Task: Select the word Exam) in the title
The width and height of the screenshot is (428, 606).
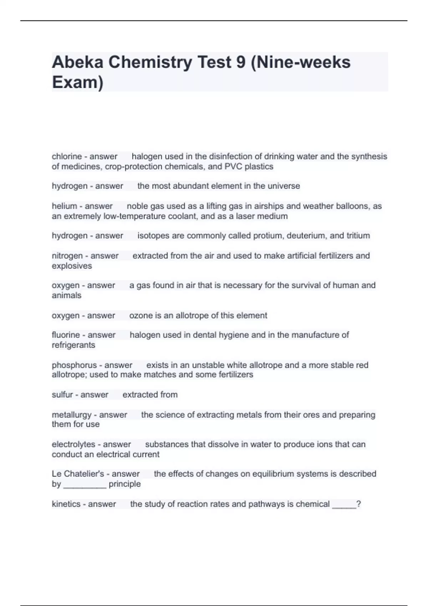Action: (77, 82)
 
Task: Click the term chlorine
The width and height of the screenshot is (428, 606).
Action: (67, 156)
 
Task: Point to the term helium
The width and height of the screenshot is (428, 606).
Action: (64, 206)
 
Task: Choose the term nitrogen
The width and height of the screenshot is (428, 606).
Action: (67, 256)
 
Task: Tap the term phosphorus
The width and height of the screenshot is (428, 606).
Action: (74, 365)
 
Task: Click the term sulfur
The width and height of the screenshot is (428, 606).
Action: (62, 395)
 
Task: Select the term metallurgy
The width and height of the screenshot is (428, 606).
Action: (72, 415)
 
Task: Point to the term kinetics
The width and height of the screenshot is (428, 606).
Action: (66, 504)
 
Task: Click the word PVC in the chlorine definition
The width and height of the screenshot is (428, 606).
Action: (233, 166)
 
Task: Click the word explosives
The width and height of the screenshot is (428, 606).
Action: (72, 266)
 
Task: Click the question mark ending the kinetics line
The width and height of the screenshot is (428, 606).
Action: (358, 504)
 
